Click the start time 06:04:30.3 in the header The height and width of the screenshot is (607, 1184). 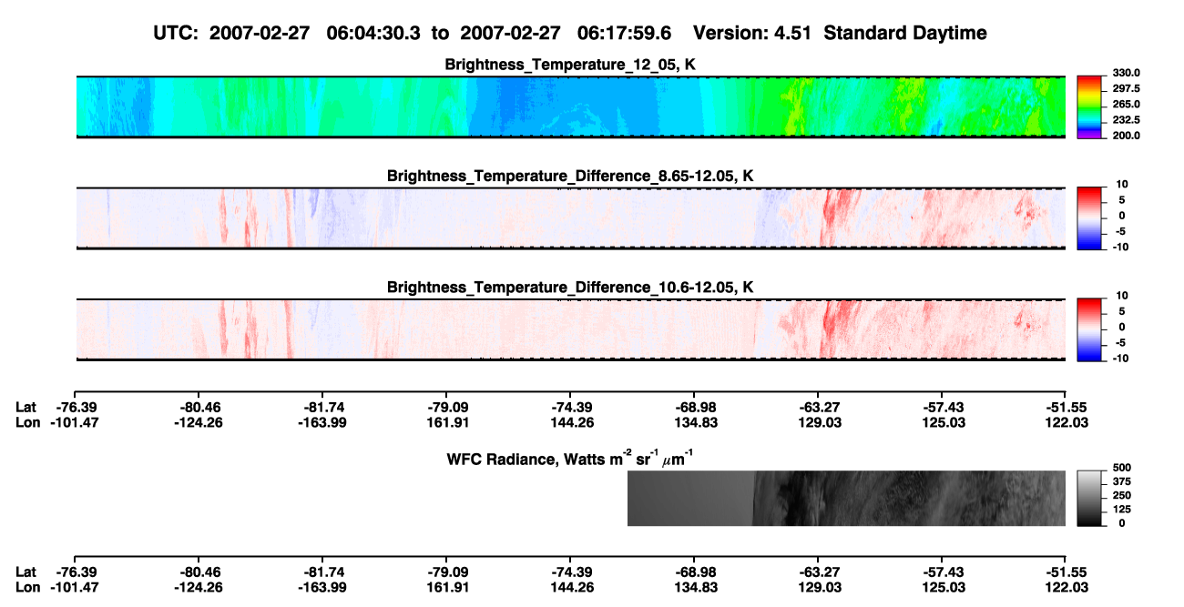[x=373, y=33]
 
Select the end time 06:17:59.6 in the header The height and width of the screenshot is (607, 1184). [x=624, y=33]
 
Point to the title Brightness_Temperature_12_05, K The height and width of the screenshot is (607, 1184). [x=570, y=65]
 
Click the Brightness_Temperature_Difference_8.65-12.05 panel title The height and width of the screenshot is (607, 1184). [x=570, y=176]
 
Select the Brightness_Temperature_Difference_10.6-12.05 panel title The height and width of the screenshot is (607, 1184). [x=570, y=288]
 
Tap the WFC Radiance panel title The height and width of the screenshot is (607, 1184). [x=570, y=459]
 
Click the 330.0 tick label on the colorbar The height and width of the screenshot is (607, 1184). [x=1126, y=73]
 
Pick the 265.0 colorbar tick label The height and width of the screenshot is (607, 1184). [x=1126, y=104]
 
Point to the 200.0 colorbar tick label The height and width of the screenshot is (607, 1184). [x=1126, y=136]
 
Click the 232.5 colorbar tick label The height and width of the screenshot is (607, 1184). [x=1126, y=120]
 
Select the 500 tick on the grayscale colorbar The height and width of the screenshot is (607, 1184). [x=1121, y=468]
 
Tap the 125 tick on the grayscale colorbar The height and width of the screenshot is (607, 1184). [x=1121, y=510]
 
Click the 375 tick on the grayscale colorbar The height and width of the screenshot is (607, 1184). [x=1121, y=481]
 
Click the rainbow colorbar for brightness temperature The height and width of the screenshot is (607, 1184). [x=1089, y=107]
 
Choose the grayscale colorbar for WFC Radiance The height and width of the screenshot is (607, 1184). [x=1089, y=498]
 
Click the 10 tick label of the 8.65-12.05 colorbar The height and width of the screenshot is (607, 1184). [x=1122, y=185]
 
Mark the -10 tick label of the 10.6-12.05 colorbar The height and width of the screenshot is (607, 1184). [x=1119, y=359]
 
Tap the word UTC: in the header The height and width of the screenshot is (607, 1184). [x=176, y=33]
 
